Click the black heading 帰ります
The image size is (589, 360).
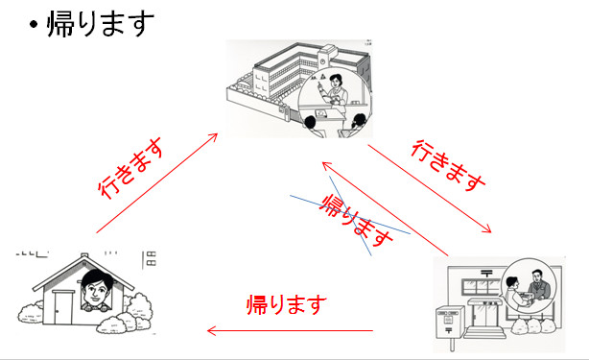pos(101,23)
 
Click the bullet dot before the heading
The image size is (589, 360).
pos(34,25)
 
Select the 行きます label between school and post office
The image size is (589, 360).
pos(448,164)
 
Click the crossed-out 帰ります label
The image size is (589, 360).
pos(355,220)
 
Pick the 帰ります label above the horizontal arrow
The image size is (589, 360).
pos(286,304)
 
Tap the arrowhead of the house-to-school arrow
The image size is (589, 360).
pos(214,136)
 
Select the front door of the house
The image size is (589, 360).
pos(63,307)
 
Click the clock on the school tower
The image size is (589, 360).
pos(322,61)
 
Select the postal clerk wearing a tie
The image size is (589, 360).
pos(538,284)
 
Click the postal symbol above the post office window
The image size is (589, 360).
pos(486,274)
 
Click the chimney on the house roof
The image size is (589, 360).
pos(84,255)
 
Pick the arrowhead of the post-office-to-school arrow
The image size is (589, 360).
pos(326,165)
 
